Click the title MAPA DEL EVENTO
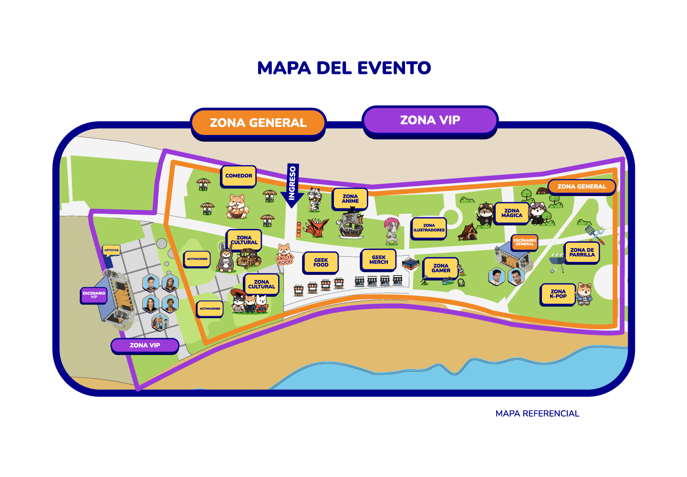(x=344, y=68)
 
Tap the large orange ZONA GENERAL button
(x=258, y=123)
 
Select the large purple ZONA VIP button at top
(x=430, y=120)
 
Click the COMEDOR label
(x=239, y=176)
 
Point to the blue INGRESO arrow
(x=292, y=186)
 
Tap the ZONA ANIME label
(x=350, y=199)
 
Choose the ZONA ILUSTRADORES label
(x=429, y=228)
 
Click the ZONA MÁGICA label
(x=512, y=213)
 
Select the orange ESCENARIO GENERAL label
(x=525, y=242)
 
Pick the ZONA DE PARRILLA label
(x=582, y=252)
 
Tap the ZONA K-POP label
(x=558, y=294)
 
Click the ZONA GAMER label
(x=441, y=268)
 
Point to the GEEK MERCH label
(x=378, y=260)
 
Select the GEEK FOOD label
(x=321, y=262)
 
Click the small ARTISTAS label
(x=111, y=250)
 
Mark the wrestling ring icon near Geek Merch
(x=410, y=264)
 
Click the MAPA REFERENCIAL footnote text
(x=537, y=414)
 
